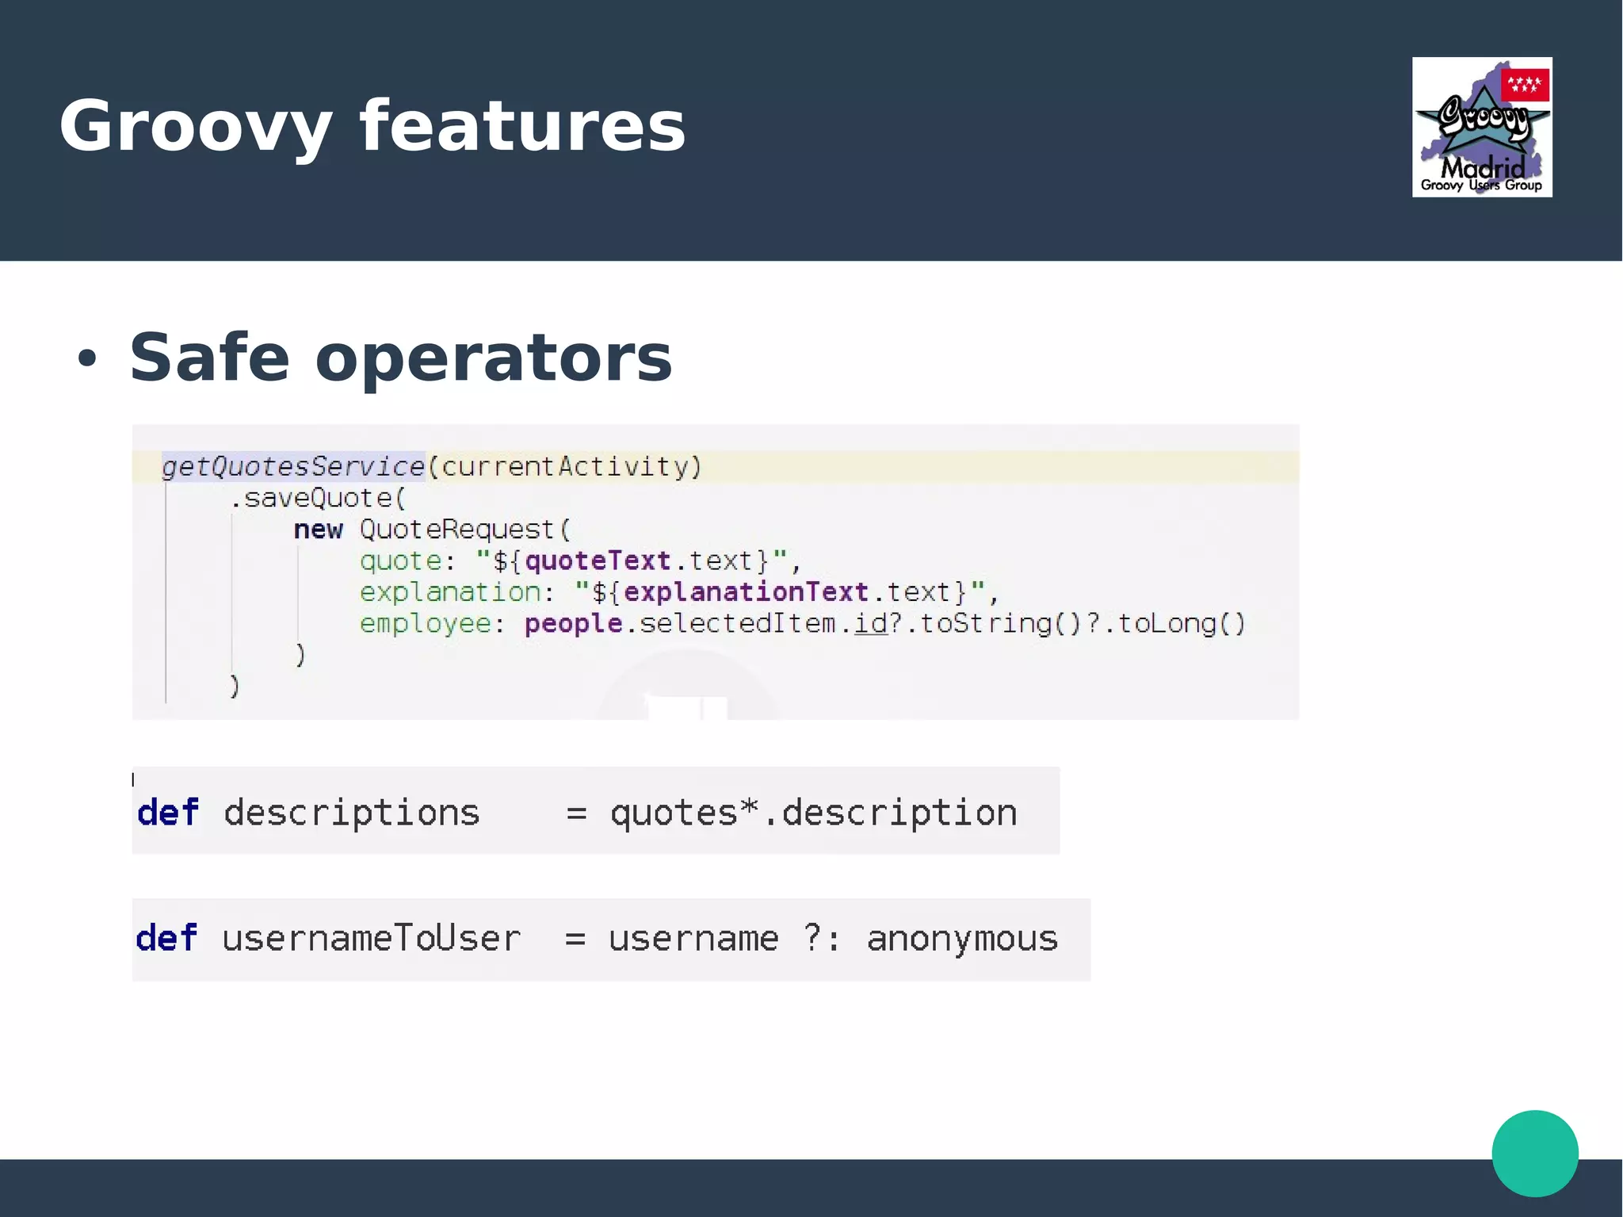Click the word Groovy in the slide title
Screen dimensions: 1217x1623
pos(195,127)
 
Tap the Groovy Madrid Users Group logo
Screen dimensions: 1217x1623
pos(1481,128)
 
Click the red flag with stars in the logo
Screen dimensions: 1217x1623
pos(1524,84)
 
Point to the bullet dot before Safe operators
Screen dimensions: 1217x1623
pos(86,358)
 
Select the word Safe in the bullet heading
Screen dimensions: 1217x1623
pos(209,358)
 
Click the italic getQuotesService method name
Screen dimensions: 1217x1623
pos(293,466)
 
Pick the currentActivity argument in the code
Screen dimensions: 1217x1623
pos(564,466)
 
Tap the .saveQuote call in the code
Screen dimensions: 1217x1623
pos(317,498)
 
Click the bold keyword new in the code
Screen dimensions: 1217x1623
pos(318,530)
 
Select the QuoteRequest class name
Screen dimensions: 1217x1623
pos(457,530)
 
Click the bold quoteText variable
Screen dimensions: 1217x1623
pos(598,561)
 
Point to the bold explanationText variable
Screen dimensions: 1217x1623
pos(746,592)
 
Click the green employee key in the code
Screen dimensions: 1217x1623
pos(426,624)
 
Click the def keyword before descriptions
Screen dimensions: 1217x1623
pos(167,813)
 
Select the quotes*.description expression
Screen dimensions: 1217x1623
pos(813,813)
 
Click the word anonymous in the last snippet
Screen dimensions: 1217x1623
pos(962,939)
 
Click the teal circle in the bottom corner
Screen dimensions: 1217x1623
pos(1534,1153)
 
